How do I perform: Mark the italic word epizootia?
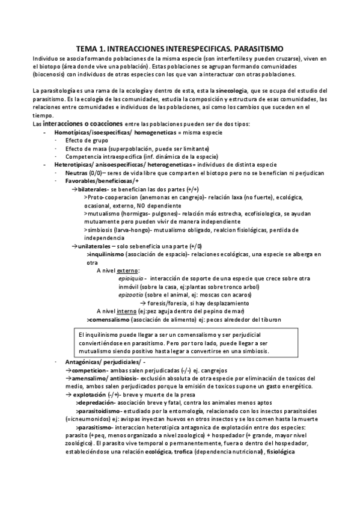[131, 295]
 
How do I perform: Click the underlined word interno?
[127, 311]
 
